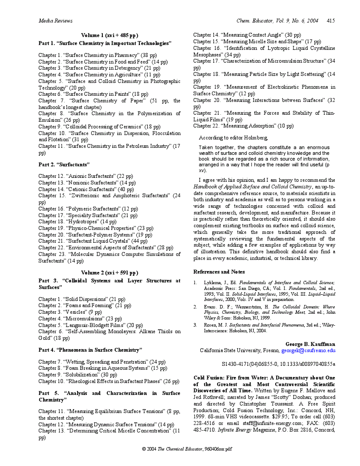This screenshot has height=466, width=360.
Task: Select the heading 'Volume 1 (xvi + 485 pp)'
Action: pyautogui.click(x=109, y=35)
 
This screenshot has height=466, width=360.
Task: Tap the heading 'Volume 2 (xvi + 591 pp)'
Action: pyautogui.click(x=109, y=273)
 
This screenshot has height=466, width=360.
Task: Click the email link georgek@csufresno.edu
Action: pyautogui.click(x=308, y=351)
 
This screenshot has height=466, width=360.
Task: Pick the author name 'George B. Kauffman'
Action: pyautogui.click(x=310, y=344)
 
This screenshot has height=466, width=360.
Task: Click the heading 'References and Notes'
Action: pyautogui.click(x=219, y=272)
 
